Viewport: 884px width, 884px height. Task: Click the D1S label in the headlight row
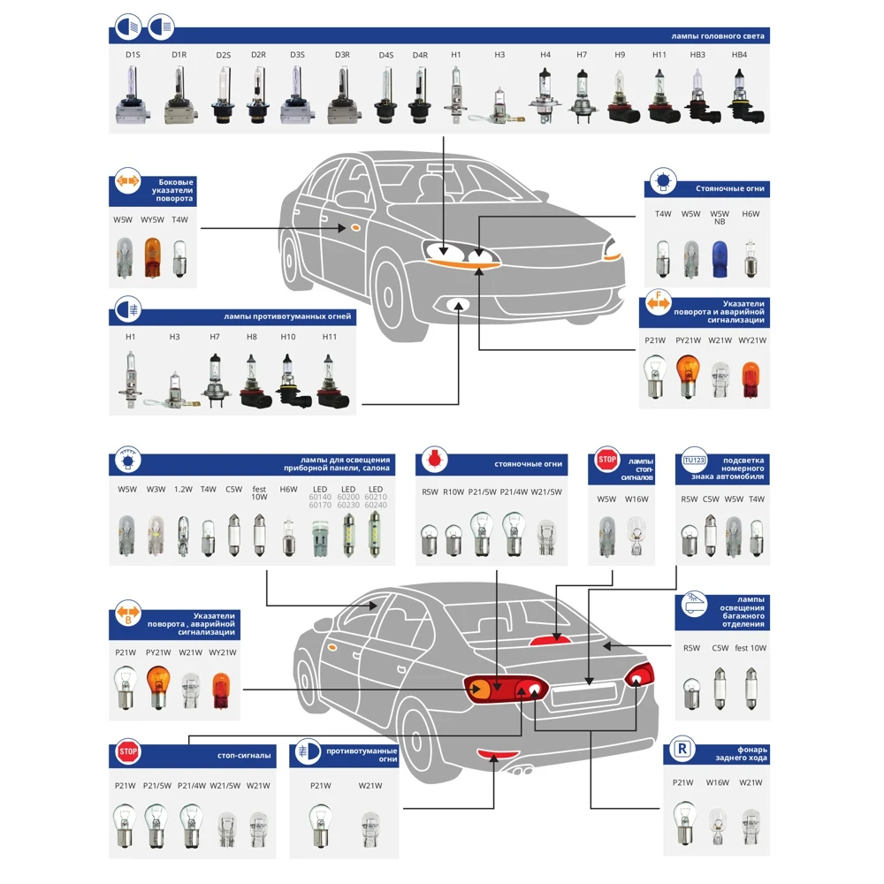coord(133,55)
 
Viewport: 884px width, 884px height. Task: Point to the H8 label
coord(251,337)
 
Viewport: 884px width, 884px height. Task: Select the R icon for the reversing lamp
coord(681,750)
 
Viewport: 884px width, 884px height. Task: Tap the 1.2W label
coord(183,489)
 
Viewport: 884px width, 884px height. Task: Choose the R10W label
coord(453,492)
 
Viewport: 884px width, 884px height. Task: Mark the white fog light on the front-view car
coord(457,306)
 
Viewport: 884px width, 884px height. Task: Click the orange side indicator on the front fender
coord(358,228)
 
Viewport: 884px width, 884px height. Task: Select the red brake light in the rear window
coord(550,639)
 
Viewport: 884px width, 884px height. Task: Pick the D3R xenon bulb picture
coord(342,99)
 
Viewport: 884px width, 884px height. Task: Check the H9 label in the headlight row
coord(620,55)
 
